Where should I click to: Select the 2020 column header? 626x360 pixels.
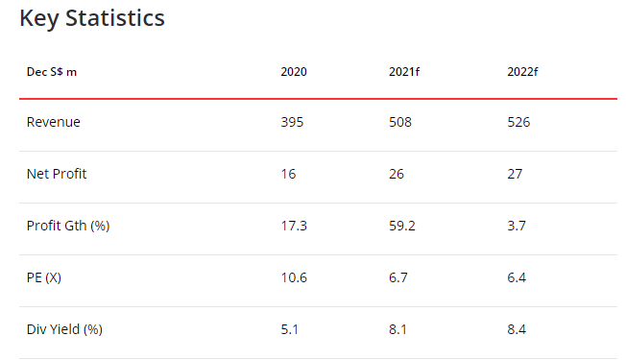[x=294, y=72]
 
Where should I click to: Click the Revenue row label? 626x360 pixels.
[x=54, y=122]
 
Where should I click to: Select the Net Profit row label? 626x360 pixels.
[x=59, y=174]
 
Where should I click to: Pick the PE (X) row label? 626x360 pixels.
[x=45, y=277]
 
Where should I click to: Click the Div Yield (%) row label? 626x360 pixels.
[x=64, y=329]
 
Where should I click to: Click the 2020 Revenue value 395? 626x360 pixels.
[x=292, y=122]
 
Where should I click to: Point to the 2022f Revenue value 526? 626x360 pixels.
[x=518, y=122]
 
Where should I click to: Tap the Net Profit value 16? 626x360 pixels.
[x=288, y=174]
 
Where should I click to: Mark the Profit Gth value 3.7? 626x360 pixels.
[x=516, y=226]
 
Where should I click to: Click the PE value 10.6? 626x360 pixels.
[x=292, y=277]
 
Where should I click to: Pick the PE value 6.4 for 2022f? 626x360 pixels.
[x=516, y=277]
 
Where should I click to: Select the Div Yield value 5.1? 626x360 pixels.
[x=288, y=329]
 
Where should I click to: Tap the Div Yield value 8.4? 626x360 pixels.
[x=516, y=329]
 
